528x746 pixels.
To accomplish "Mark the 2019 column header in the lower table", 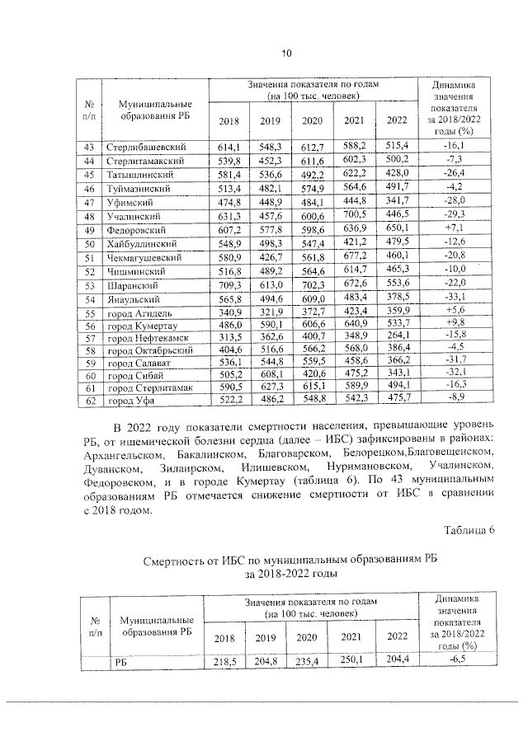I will tap(265, 637).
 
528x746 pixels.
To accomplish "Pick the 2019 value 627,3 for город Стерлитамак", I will tap(271, 387).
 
